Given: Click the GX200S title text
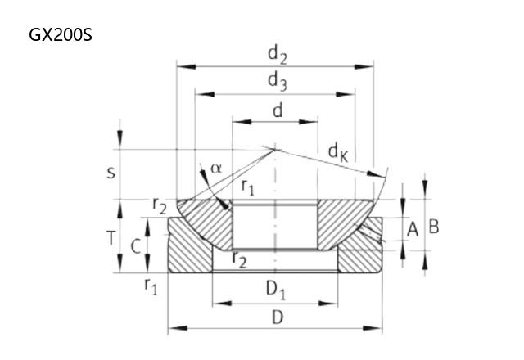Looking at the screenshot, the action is [60, 34].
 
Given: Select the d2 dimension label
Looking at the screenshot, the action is [278, 55].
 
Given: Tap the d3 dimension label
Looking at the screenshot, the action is [278, 82].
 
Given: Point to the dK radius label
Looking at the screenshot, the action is [338, 153].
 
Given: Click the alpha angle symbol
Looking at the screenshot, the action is [216, 169].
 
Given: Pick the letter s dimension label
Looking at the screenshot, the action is [111, 173].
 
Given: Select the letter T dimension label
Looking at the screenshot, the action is [111, 238].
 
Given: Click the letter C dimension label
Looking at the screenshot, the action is [135, 247].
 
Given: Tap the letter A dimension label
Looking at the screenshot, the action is [413, 230].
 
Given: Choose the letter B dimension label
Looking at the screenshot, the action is [433, 227].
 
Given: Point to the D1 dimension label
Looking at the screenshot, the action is [276, 290].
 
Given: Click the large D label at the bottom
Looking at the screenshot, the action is [278, 317].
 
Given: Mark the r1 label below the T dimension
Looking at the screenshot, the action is [151, 286].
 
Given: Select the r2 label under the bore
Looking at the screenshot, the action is [240, 260].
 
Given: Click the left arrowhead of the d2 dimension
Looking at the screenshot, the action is [186, 67].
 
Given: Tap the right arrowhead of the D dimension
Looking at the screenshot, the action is [373, 328].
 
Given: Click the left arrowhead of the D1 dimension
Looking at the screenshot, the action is [222, 304].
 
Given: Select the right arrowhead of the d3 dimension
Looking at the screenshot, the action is [346, 94].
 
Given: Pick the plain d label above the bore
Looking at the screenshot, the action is [278, 111].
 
